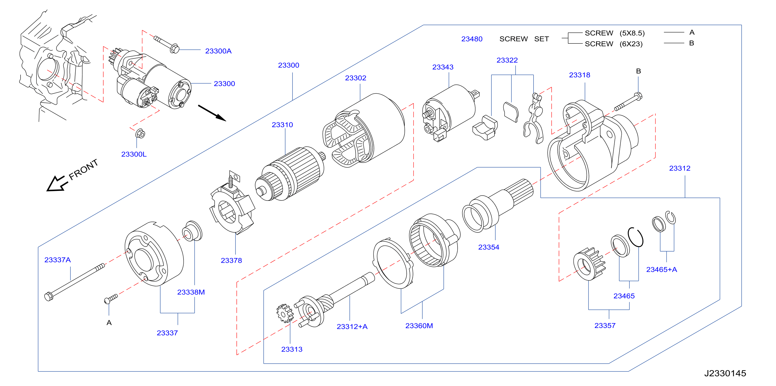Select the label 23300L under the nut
[x=134, y=154]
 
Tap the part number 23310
[x=282, y=125]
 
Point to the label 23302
[x=355, y=78]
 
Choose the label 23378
[x=231, y=260]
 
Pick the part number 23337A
[x=57, y=260]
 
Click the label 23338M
[x=191, y=292]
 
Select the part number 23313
[x=292, y=349]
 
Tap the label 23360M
[x=419, y=326]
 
